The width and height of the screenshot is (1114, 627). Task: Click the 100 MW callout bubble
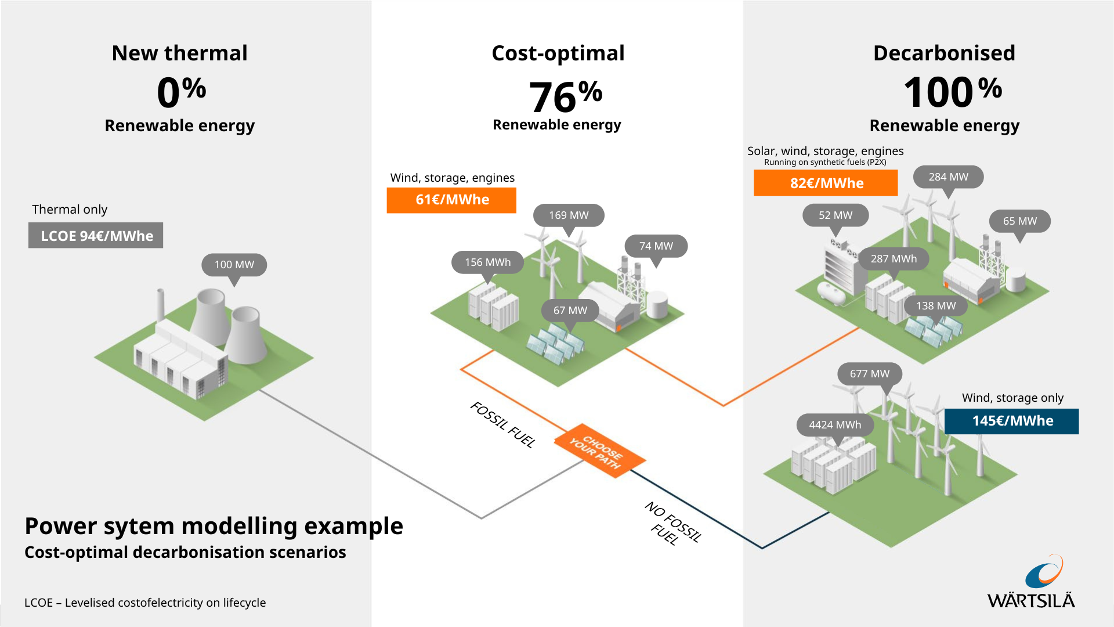click(x=234, y=265)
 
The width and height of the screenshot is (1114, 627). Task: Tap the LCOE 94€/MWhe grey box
click(x=96, y=236)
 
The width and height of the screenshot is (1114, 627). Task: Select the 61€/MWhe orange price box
click(x=451, y=200)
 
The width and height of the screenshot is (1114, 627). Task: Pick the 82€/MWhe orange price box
click(x=826, y=183)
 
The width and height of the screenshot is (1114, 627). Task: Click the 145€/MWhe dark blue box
click(x=1012, y=421)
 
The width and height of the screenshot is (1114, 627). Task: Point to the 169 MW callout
click(x=569, y=215)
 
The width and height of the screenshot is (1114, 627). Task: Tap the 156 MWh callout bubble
click(x=487, y=262)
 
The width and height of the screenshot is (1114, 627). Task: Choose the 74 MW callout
click(x=656, y=246)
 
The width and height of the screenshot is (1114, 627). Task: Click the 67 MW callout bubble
click(x=570, y=311)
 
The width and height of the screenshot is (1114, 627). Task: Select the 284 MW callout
click(x=948, y=177)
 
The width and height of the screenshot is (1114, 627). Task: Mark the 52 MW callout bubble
click(x=835, y=215)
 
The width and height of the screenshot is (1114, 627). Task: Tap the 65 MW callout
click(x=1019, y=221)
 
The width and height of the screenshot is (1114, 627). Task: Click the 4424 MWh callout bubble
click(x=835, y=425)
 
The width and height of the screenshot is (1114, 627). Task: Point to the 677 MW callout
click(x=869, y=374)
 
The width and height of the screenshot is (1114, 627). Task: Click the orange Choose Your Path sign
click(x=599, y=451)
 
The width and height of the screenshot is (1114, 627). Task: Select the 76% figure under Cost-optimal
click(x=565, y=96)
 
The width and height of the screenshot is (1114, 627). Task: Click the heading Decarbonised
click(x=944, y=53)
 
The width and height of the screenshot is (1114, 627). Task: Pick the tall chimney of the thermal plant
click(x=160, y=305)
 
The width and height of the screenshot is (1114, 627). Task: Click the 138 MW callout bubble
click(x=935, y=306)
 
